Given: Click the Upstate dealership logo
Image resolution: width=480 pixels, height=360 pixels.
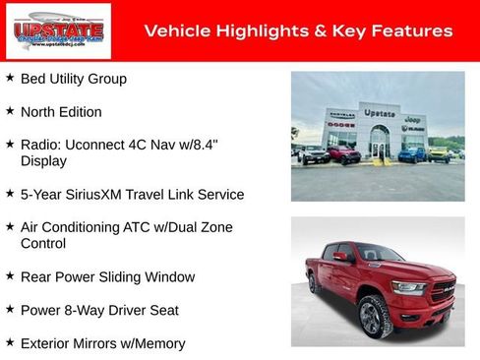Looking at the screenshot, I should pyautogui.click(x=44, y=31).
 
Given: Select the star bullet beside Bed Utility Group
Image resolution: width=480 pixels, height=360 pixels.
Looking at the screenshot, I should pyautogui.click(x=10, y=78).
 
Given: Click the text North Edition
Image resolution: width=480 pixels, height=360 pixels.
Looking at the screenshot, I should pyautogui.click(x=61, y=111).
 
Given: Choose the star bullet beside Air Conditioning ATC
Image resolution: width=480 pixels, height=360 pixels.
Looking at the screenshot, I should pyautogui.click(x=10, y=226).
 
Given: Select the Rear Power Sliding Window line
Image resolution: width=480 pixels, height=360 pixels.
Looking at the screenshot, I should pyautogui.click(x=107, y=276).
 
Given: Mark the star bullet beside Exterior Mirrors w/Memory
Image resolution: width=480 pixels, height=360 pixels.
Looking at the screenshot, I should pyautogui.click(x=10, y=342).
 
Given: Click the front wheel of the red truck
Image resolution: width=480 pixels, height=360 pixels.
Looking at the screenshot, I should pyautogui.click(x=375, y=316).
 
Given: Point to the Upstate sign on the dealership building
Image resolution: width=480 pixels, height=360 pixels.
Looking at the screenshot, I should pyautogui.click(x=379, y=112).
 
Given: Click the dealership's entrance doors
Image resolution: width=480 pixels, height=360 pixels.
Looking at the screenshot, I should pyautogui.click(x=379, y=150).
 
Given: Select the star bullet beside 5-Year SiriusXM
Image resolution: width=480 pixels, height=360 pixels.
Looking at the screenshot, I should pyautogui.click(x=10, y=194).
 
